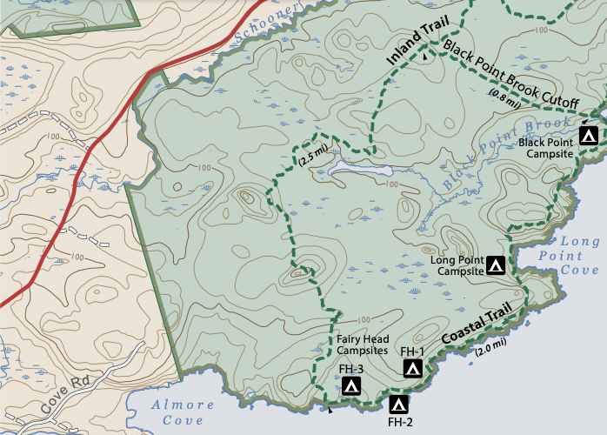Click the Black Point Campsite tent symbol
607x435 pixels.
pos(589,136)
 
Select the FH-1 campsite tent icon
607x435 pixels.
pos(413,369)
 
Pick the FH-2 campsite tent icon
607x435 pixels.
pos(399,404)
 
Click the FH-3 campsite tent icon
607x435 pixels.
pos(351,385)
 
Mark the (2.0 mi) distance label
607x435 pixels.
pos(491,348)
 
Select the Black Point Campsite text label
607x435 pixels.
pos(546,147)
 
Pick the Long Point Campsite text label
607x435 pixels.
pos(456,264)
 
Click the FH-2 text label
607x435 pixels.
pos(400,423)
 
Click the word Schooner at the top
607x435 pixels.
pos(265,20)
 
